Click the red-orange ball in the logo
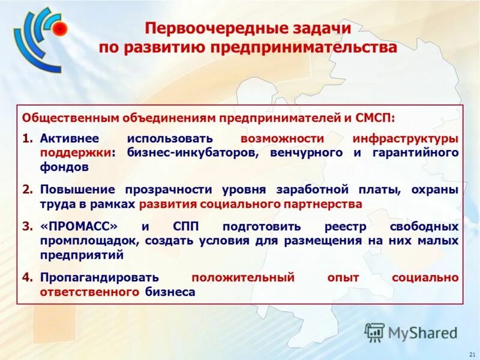[x=59, y=29]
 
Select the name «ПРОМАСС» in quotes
[x=79, y=227]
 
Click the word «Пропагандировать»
[x=100, y=278]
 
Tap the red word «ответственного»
[x=89, y=292]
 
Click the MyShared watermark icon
[x=374, y=332]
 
